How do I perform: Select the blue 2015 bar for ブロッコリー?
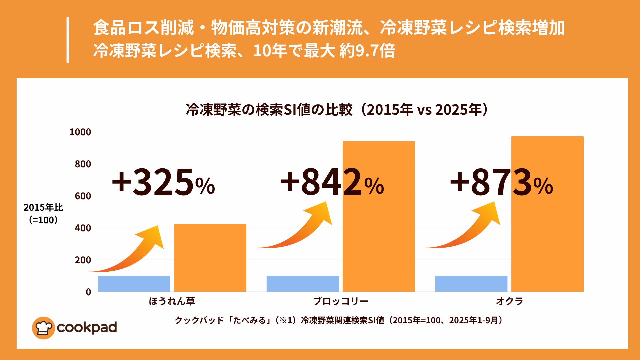click(x=302, y=284)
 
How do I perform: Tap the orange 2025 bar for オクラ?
click(x=547, y=233)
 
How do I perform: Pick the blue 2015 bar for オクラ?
click(x=471, y=284)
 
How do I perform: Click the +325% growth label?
click(x=163, y=183)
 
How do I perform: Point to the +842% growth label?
click(x=332, y=183)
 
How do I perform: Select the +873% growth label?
click(x=501, y=183)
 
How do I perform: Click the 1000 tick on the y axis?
click(x=80, y=132)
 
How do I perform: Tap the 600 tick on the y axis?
click(x=83, y=196)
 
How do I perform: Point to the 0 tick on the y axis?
click(x=88, y=292)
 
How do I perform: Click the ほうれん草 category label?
click(x=172, y=301)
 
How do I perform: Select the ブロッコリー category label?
click(x=340, y=301)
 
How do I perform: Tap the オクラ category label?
click(x=509, y=301)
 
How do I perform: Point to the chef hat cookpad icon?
click(x=43, y=328)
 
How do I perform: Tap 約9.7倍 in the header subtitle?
click(x=367, y=51)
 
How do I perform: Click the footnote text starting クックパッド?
click(x=338, y=320)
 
